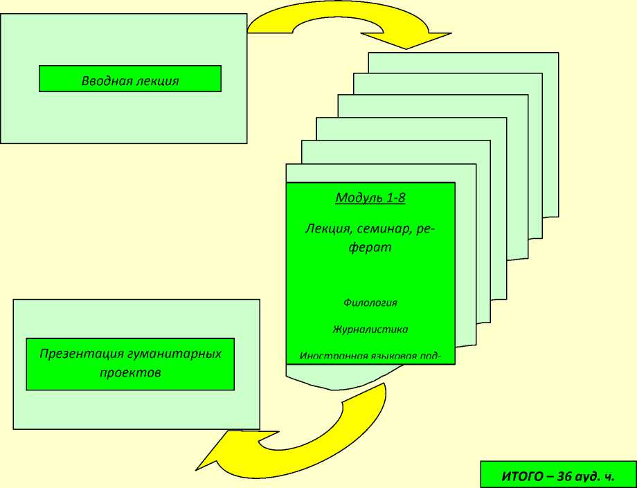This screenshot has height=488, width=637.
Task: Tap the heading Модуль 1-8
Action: pos(370,198)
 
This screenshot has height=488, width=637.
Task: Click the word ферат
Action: pos(370,247)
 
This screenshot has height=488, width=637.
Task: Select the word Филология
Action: pos(370,302)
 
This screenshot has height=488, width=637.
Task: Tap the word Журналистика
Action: pos(370,329)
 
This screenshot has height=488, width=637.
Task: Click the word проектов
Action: pos(130,372)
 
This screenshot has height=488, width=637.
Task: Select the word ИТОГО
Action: pos(516,476)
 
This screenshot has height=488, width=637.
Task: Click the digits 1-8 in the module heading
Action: pos(393,198)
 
